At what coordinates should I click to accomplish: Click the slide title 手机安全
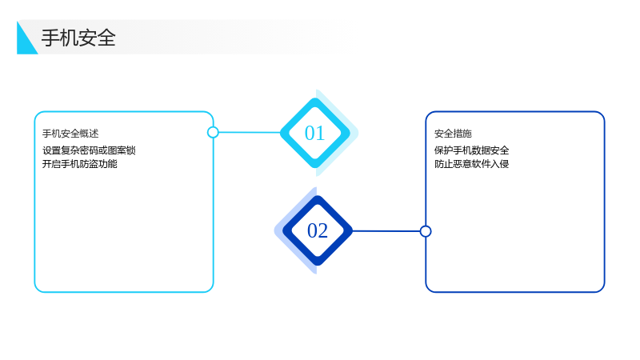point(78,38)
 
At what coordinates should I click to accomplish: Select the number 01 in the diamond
point(314,133)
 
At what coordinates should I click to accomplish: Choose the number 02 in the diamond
point(318,230)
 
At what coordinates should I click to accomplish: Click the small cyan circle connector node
point(213,132)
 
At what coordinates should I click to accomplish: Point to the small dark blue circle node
point(426,231)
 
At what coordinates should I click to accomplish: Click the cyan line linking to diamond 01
point(250,132)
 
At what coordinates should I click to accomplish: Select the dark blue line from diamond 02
point(386,231)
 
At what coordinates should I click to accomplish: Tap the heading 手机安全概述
point(70,134)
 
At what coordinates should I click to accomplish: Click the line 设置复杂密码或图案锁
point(89,150)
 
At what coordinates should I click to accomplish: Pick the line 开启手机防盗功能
point(79,164)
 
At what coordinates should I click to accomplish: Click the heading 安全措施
point(453,134)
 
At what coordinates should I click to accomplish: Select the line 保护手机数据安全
point(471,150)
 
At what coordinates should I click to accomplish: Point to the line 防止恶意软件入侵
point(471,164)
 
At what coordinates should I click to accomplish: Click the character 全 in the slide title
point(106,38)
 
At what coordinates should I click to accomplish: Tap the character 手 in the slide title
point(50,38)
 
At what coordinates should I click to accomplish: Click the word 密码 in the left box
point(89,150)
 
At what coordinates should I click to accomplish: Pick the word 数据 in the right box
point(481,150)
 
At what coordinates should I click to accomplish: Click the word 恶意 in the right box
point(462,164)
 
